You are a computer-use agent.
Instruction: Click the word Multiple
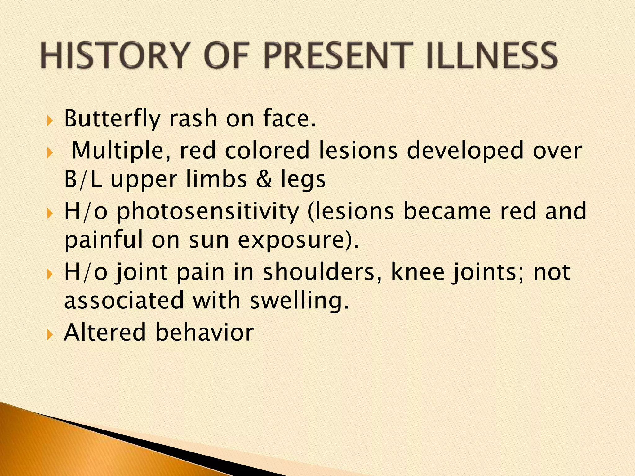(118, 151)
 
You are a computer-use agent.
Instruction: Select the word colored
(267, 151)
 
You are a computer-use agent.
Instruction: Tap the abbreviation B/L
(83, 179)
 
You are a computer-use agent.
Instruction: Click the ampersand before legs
(264, 179)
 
